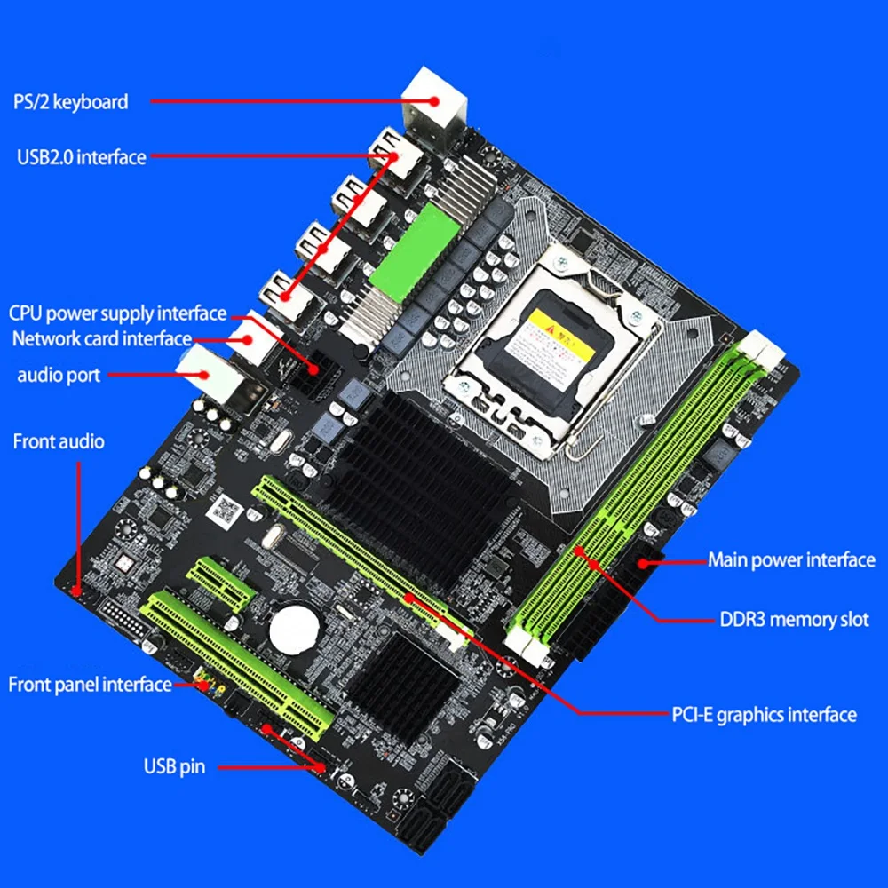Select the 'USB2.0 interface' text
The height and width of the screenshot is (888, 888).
81,157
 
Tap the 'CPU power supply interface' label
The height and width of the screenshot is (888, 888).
117,313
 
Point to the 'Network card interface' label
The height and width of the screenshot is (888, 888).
101,338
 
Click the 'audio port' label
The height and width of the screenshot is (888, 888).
59,375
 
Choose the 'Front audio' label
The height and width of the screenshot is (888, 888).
58,441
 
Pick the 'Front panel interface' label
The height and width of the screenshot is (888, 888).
90,684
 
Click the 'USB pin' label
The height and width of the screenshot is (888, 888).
174,765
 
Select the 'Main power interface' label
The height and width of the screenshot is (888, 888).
790,559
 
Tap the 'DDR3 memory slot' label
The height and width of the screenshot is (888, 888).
792,619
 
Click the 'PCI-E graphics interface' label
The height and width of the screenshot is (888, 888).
763,714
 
